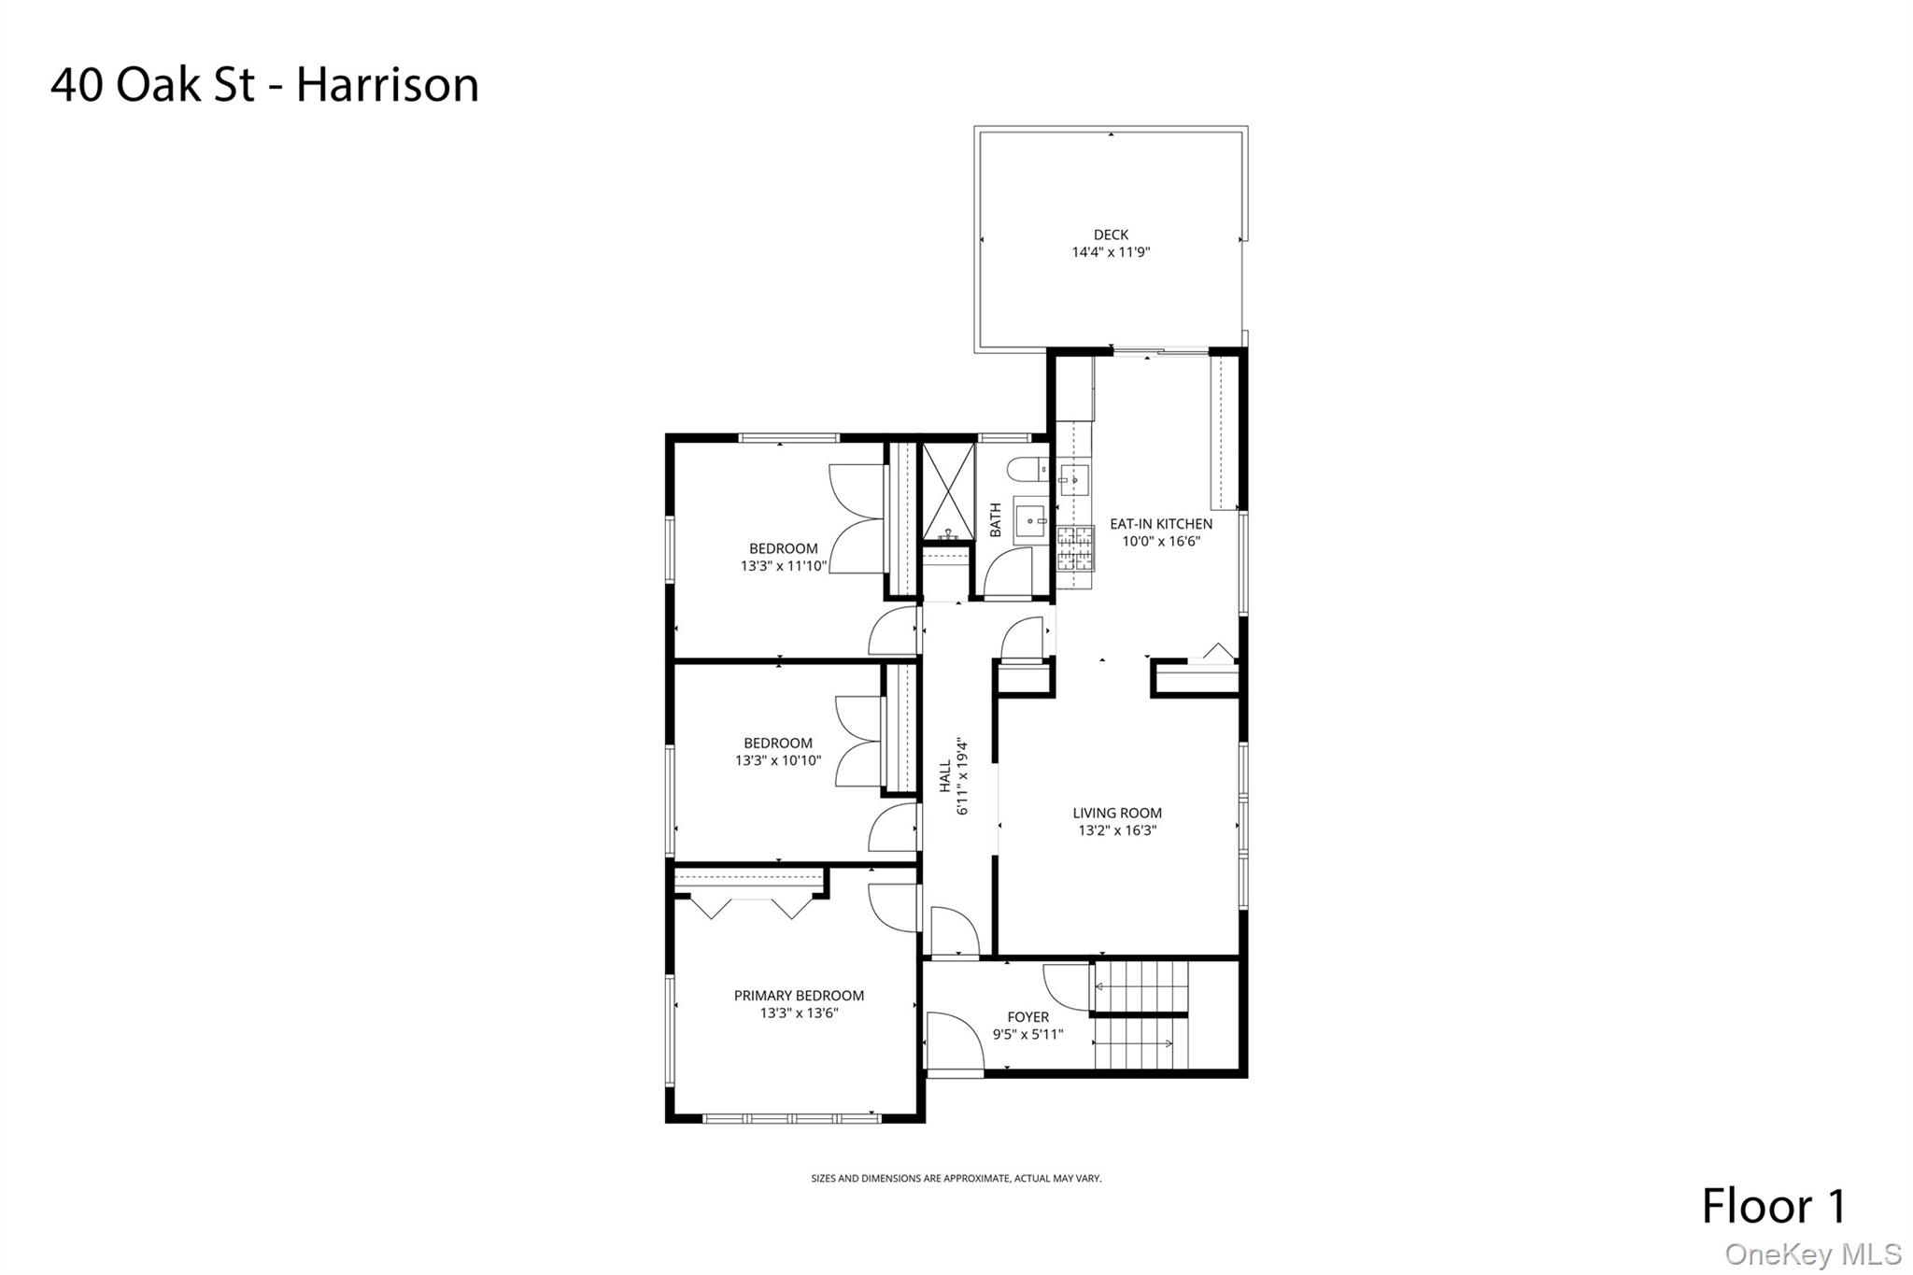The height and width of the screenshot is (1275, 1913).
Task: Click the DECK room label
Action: (1111, 234)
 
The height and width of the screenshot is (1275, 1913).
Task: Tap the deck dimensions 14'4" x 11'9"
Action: (1111, 252)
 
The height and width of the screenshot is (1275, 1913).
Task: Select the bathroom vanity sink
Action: (1031, 518)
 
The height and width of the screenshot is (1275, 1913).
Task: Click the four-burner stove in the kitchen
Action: (1075, 548)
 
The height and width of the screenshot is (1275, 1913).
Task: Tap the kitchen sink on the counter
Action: (1075, 480)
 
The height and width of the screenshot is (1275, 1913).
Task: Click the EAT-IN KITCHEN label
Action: (1161, 524)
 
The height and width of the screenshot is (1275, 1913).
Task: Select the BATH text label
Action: (996, 519)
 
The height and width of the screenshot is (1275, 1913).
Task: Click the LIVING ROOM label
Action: (1117, 813)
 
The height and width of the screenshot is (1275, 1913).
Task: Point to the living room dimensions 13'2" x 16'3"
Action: (1117, 830)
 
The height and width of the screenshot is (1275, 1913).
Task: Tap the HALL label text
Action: (945, 776)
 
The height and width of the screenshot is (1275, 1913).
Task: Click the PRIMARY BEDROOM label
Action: (799, 996)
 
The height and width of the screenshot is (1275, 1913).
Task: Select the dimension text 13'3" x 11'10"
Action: (784, 566)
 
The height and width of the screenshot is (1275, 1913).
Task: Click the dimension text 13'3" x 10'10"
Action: (778, 760)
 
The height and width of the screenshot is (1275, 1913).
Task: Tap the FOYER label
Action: (1027, 1017)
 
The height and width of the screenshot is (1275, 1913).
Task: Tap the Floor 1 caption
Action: (1774, 1206)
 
